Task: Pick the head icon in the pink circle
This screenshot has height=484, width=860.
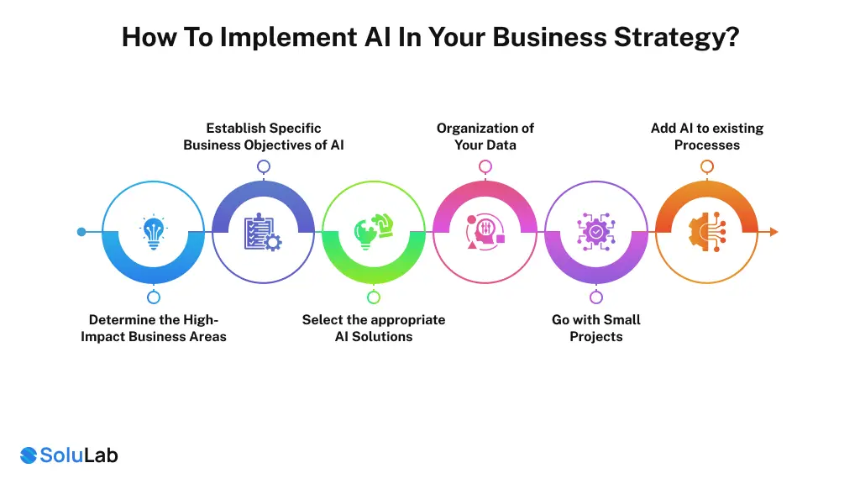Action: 485,233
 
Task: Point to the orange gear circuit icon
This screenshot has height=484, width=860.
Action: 707,233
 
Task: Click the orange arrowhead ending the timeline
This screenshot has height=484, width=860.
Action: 773,232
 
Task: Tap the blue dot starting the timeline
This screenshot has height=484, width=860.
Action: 81,232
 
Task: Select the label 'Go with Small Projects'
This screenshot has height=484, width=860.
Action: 596,328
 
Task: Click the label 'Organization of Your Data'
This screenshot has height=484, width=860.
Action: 485,136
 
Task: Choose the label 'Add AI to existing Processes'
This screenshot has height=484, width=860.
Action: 707,136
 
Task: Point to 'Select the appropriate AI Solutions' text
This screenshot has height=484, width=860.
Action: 374,328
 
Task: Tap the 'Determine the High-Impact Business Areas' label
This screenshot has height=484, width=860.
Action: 154,328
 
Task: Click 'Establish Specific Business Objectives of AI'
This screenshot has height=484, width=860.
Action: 264,136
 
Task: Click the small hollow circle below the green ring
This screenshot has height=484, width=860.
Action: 374,297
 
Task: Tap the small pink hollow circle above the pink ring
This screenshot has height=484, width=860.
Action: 485,166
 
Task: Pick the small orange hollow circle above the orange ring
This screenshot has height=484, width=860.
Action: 707,166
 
